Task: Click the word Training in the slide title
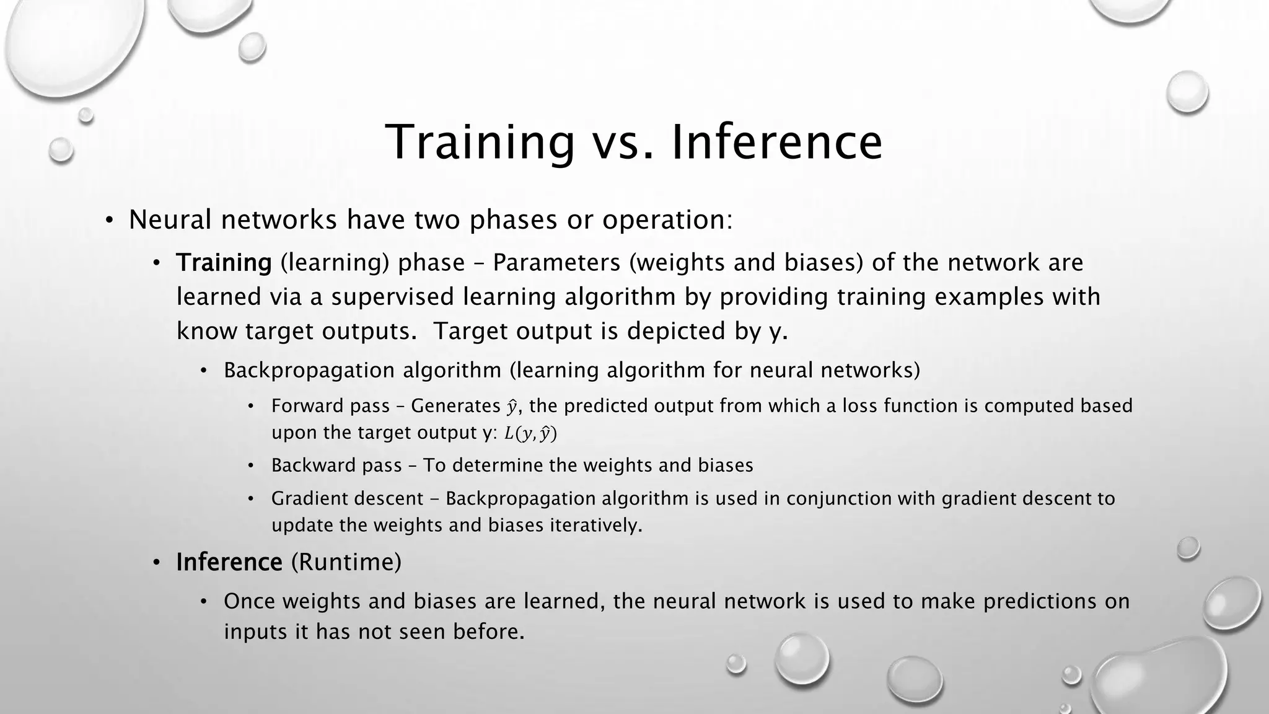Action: tap(480, 142)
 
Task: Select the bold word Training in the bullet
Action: tap(224, 263)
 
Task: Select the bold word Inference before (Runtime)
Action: tap(229, 562)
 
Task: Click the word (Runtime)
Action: tap(346, 562)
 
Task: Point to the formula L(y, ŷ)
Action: tap(530, 433)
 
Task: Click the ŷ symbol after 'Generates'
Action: tap(512, 407)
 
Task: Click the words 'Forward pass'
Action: tap(330, 406)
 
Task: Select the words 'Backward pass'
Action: tap(336, 465)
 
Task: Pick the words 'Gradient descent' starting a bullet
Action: tap(348, 498)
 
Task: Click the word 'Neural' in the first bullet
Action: tap(171, 219)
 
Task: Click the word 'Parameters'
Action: tap(557, 263)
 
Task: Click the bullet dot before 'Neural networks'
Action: tap(109, 221)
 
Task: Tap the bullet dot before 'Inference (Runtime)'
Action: tap(157, 563)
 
